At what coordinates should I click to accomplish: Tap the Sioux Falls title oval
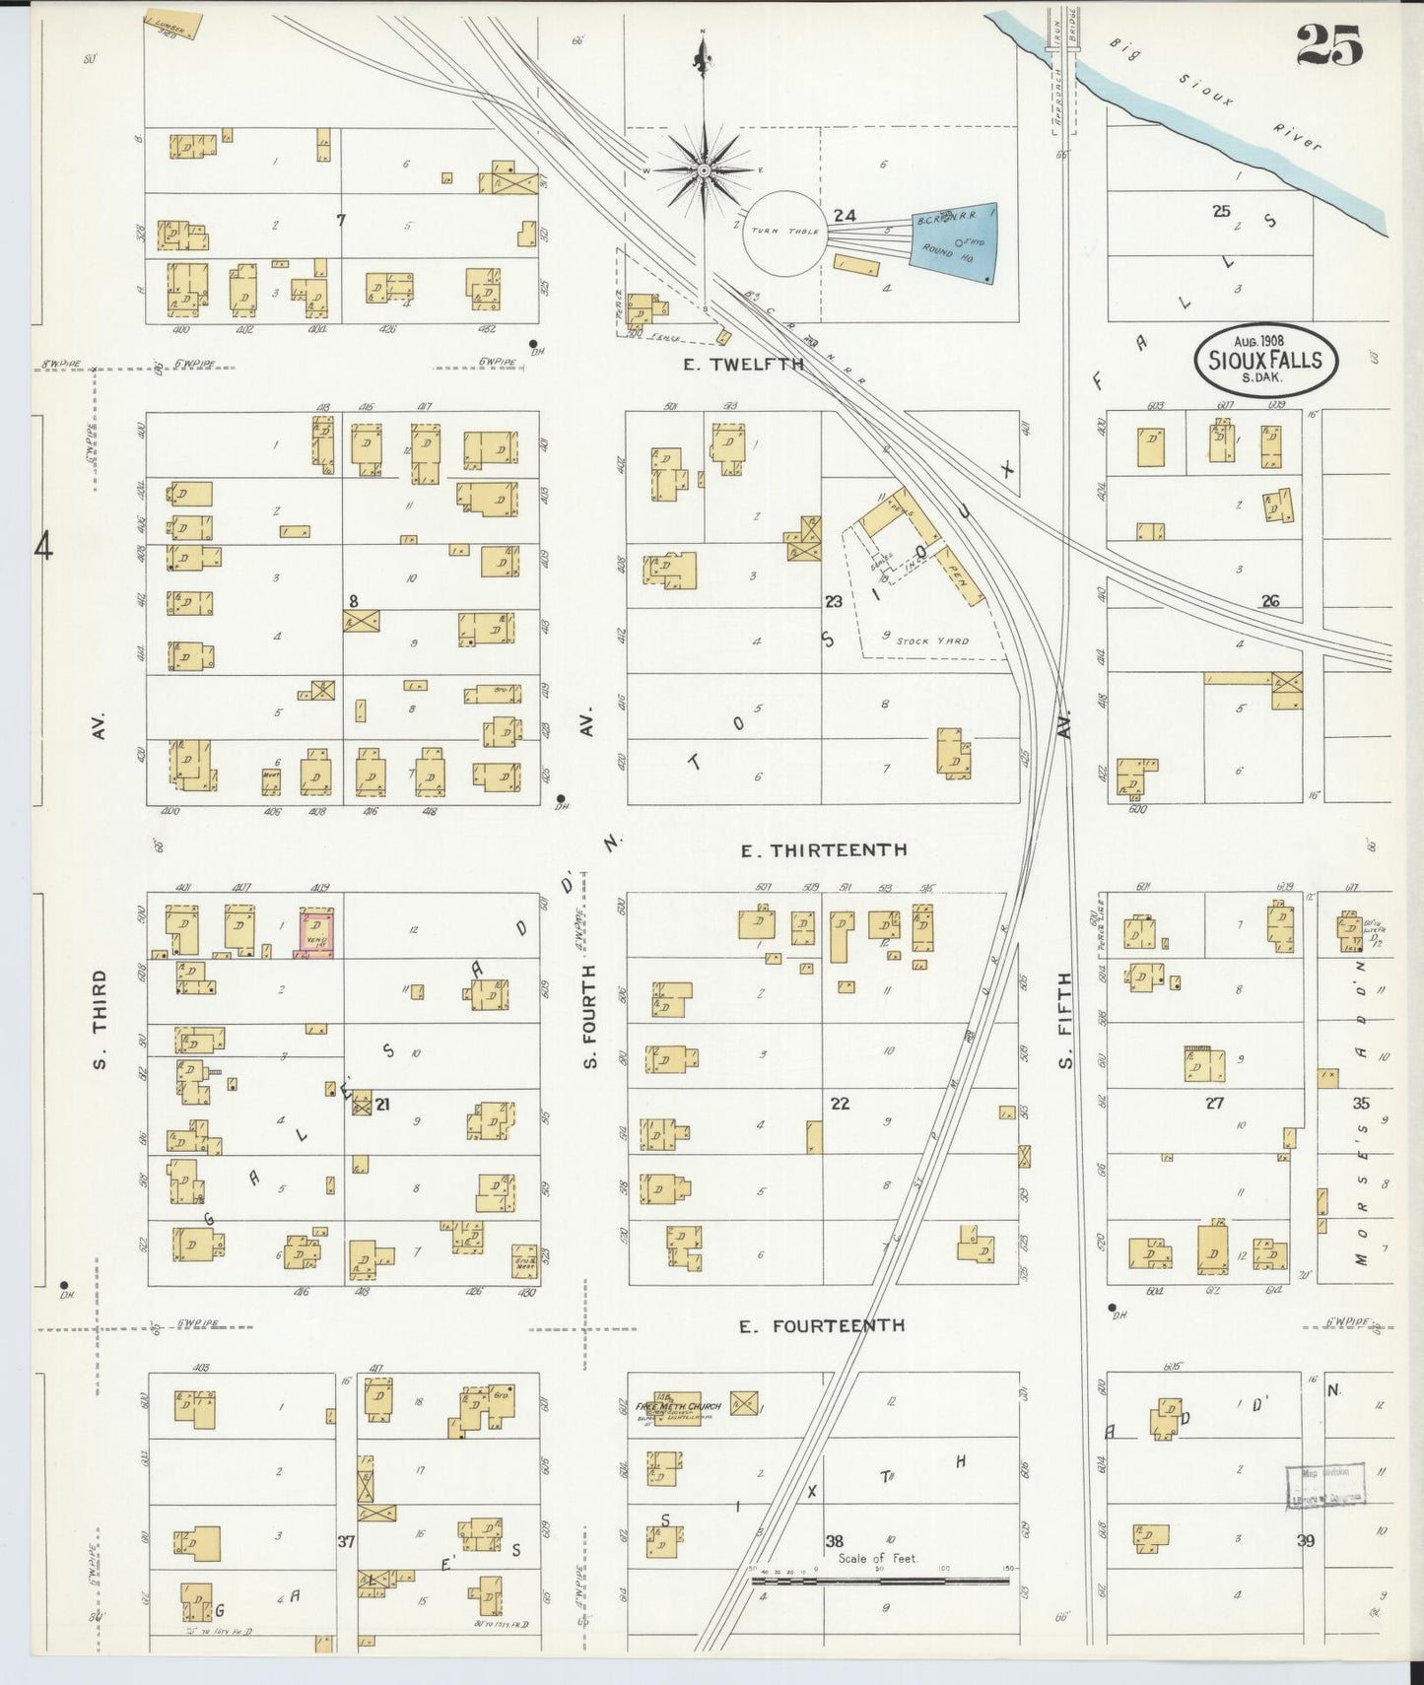pos(1265,360)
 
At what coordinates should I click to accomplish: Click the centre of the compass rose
pos(705,170)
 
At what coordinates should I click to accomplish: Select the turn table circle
pos(784,233)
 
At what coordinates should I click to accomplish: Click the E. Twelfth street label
pos(744,365)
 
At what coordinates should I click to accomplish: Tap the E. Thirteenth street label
pos(824,849)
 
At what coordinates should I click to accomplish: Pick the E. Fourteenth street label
pos(822,1326)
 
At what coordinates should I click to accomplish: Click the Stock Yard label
pos(932,640)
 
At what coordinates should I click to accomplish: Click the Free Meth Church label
pos(679,1406)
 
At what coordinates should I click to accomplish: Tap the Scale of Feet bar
pos(879,1581)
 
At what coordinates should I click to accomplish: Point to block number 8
pos(353,600)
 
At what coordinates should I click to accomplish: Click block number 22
pos(840,1104)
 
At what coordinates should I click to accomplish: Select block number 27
pos(1214,1104)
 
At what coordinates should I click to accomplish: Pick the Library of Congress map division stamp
pos(1325,1486)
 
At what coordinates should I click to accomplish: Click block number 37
pos(346,1542)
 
